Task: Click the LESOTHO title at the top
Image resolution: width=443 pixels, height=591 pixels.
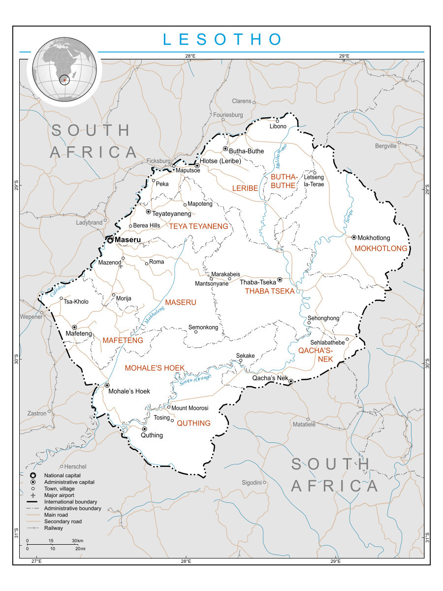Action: point(223,39)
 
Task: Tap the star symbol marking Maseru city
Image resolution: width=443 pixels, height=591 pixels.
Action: point(110,240)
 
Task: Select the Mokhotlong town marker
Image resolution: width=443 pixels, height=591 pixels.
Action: point(354,237)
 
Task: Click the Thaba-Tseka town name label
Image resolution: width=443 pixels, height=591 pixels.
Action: point(258,282)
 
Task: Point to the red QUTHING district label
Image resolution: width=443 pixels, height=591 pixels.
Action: point(193,423)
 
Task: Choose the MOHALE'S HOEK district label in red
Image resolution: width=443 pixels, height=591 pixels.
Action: point(155,368)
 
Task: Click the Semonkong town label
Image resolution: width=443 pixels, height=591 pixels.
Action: point(203,328)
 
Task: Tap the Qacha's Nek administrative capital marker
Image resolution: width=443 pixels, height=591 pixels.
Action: point(291,381)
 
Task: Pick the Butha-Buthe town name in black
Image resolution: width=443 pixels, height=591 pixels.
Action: point(246,151)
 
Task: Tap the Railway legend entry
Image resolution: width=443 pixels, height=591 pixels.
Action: point(53,528)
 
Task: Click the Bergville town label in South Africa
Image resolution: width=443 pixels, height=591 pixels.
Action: point(385,146)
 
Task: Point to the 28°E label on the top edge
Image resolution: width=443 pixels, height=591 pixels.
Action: point(190,56)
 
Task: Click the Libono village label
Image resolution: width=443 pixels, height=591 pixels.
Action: point(278,127)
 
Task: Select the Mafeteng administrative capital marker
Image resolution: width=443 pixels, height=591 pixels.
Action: point(74,327)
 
